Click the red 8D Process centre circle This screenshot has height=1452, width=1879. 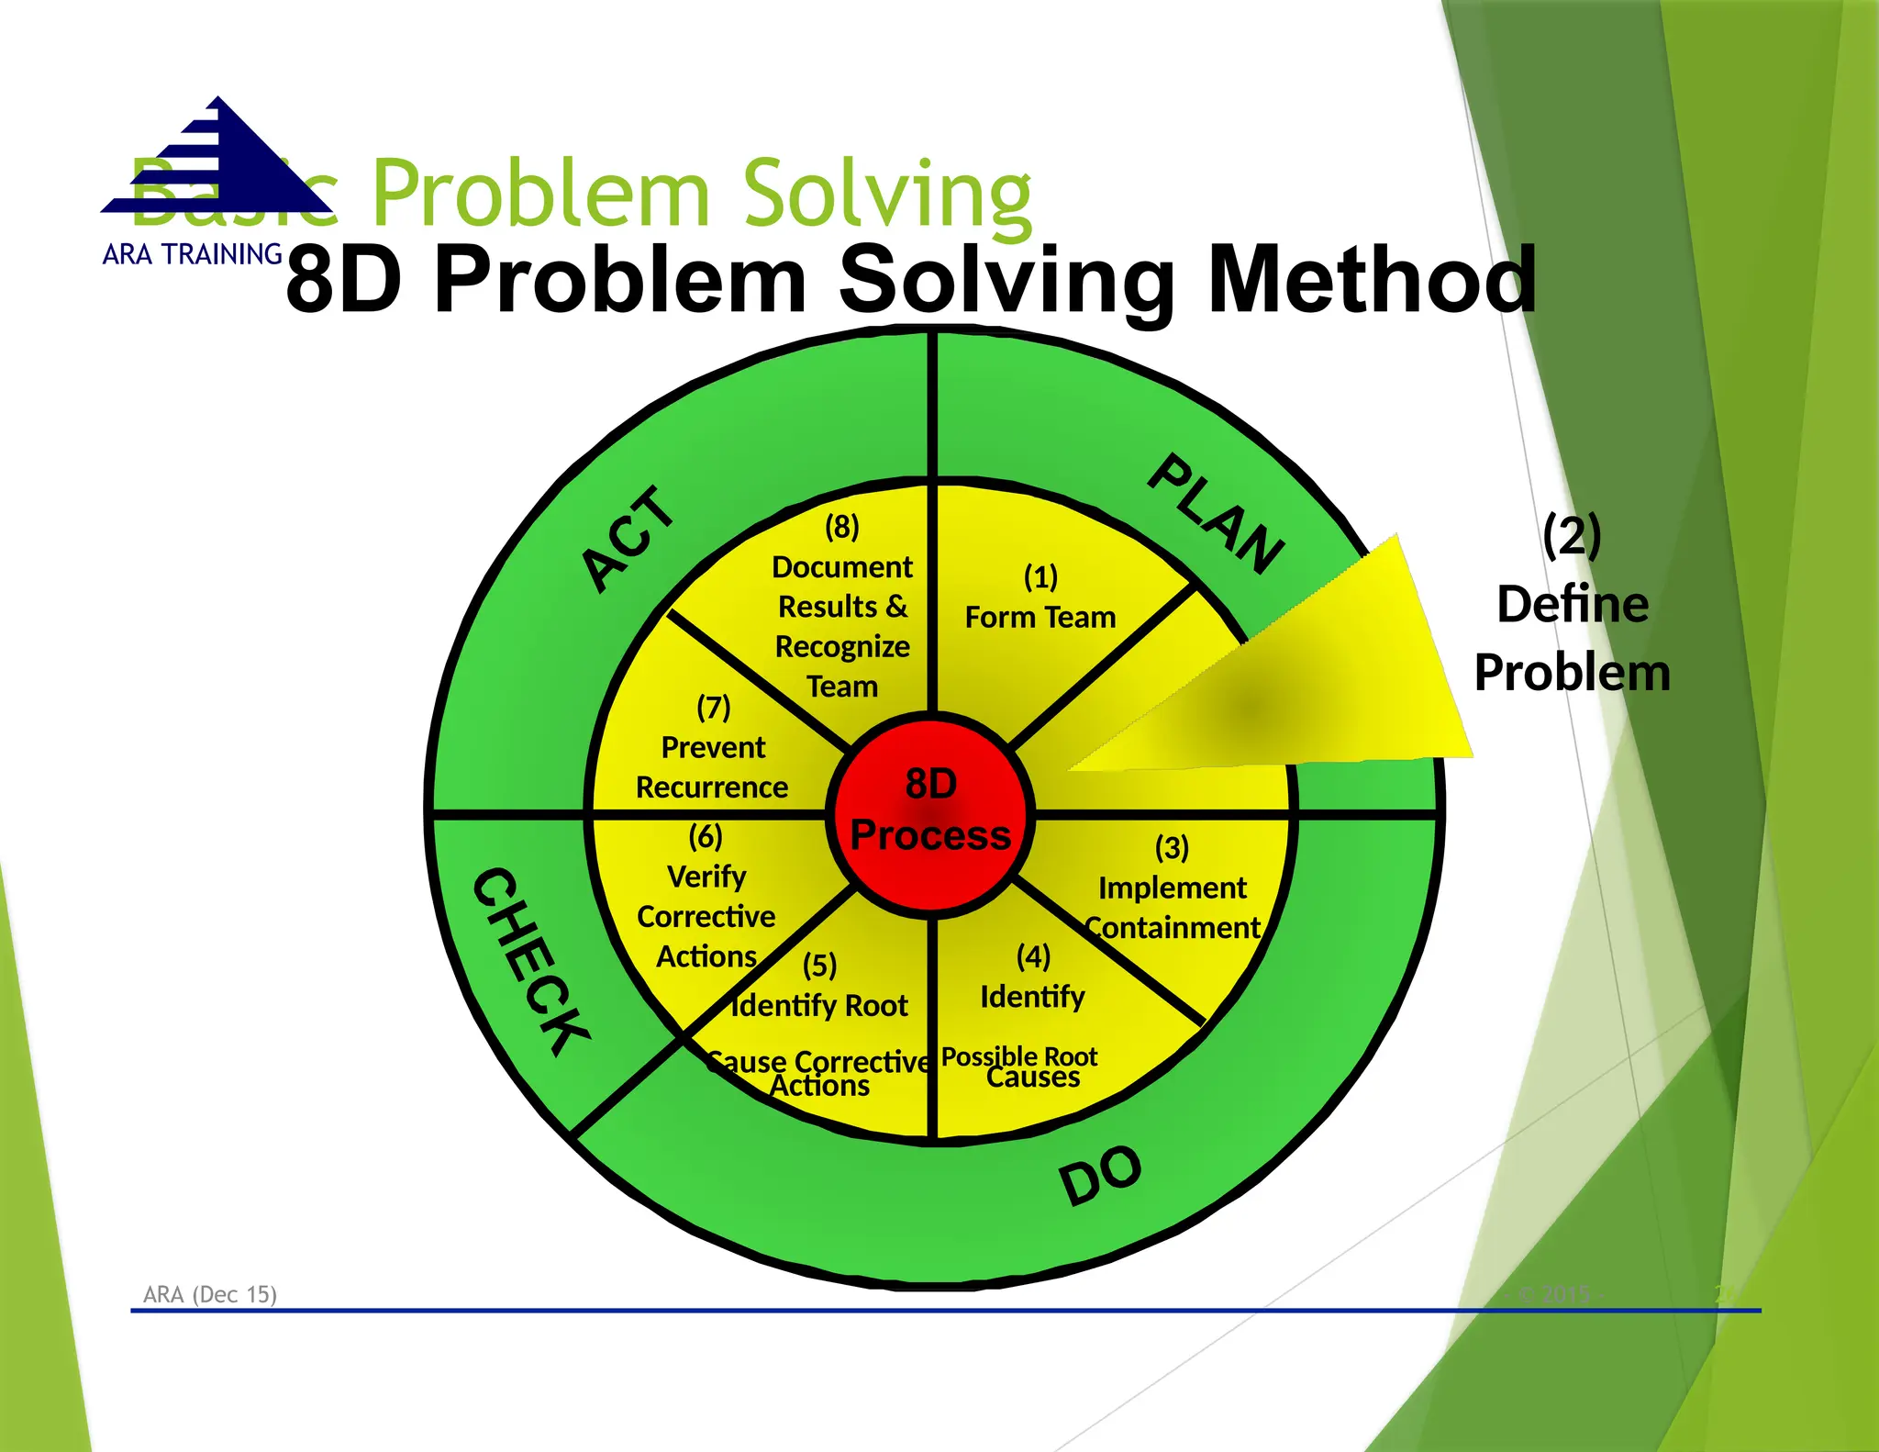click(930, 812)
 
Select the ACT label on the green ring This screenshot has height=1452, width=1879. click(628, 539)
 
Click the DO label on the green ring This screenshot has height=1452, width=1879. click(1100, 1175)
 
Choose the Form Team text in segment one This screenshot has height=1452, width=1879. click(1040, 618)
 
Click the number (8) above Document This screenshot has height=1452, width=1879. click(841, 527)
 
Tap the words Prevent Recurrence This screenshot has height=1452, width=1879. click(712, 767)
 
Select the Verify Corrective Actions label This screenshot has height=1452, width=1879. click(706, 916)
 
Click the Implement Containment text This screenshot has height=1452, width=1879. click(1172, 908)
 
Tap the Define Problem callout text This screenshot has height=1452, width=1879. click(1572, 638)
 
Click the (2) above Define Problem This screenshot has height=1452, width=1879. click(1572, 535)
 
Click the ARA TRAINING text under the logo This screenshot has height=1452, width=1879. click(192, 254)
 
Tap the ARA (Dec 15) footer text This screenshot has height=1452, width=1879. click(210, 1294)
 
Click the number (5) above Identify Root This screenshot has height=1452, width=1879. click(819, 966)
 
